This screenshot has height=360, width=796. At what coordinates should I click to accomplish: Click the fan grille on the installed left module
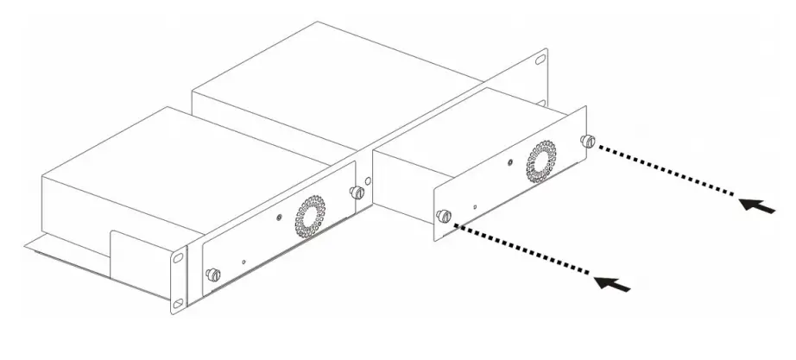309,218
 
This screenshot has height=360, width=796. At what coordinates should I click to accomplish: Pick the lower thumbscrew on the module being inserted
444,216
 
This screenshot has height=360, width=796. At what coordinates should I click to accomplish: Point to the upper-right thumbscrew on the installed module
355,192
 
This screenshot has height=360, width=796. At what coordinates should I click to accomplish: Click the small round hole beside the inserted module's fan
509,161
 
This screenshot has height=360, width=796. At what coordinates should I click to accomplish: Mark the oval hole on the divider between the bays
369,183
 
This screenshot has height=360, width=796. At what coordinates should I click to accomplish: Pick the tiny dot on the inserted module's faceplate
474,207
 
